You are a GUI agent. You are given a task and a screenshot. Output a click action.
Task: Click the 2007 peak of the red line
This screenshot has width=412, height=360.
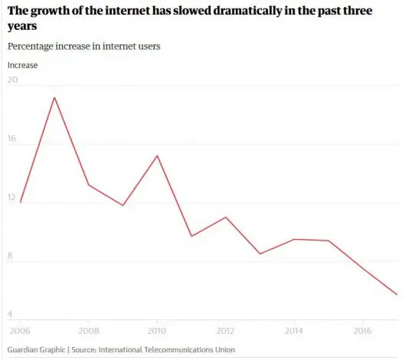tap(54, 97)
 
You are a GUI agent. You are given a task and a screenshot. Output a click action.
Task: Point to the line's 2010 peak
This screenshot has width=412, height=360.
tap(156, 155)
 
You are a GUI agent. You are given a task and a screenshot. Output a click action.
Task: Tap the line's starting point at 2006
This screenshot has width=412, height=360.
tap(21, 202)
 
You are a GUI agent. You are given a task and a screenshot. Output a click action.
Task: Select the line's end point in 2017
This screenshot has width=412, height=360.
tap(397, 295)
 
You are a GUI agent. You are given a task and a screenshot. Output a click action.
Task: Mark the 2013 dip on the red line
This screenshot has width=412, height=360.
tap(260, 254)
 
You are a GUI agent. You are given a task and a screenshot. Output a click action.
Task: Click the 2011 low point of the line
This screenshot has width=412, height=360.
tap(191, 236)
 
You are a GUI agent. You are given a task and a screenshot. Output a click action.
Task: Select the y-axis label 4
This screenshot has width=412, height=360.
tap(11, 315)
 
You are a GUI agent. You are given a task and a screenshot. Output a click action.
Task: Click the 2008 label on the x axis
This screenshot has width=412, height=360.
tap(89, 332)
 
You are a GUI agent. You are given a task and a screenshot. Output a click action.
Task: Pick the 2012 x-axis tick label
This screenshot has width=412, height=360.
tap(225, 332)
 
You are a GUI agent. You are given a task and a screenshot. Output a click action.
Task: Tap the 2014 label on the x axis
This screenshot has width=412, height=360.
tap(293, 332)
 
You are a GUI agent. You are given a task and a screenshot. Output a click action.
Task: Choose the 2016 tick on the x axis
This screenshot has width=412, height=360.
tap(361, 332)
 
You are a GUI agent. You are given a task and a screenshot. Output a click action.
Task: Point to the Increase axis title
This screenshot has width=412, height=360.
tap(22, 65)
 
